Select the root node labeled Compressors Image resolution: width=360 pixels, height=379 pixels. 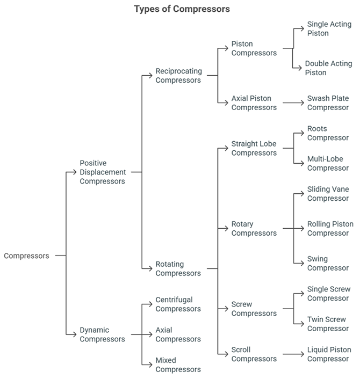pos(26,256)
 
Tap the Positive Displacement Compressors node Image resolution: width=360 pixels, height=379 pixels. pos(103,172)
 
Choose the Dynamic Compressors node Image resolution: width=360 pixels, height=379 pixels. pos(102,334)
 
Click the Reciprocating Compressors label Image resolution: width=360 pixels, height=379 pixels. pos(178,76)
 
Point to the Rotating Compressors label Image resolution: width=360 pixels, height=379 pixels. pos(178,268)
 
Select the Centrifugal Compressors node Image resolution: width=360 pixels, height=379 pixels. pos(178,304)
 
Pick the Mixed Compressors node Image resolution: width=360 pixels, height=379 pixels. pos(178,365)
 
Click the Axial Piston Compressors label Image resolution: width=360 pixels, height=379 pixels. pos(254,103)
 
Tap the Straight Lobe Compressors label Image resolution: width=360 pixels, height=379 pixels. pos(254,149)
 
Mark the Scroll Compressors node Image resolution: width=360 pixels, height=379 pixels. pos(254,354)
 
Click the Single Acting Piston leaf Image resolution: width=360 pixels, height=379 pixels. pos(329,29)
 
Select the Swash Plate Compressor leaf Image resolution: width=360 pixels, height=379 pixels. pos(328,103)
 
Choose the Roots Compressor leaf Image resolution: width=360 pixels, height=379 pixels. pos(328,134)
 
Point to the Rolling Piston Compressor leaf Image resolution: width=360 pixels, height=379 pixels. pos(330,229)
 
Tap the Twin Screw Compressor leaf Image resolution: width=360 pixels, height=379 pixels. pos(328,324)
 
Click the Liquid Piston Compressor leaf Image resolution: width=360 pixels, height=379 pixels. pos(329,354)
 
